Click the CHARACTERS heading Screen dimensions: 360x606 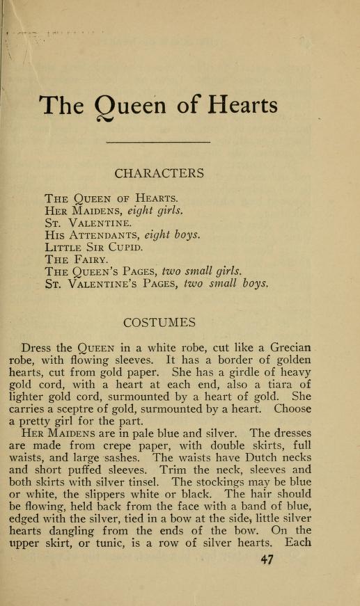coord(159,173)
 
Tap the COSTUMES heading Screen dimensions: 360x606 coord(159,322)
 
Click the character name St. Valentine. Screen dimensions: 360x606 coord(87,223)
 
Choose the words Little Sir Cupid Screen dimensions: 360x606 coord(94,247)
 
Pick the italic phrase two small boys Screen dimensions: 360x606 coord(223,283)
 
